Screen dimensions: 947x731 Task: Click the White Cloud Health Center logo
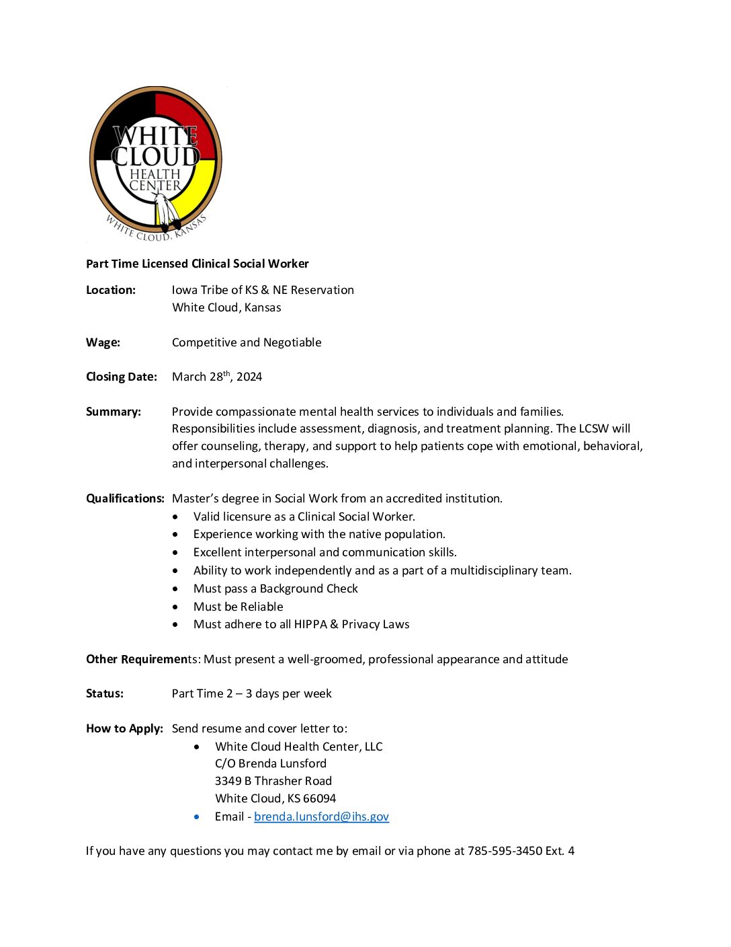click(155, 163)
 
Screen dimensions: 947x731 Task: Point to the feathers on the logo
click(165, 211)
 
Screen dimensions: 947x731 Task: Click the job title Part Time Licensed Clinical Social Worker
click(198, 264)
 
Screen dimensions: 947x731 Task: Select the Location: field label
click(111, 290)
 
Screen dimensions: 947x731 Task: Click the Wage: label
click(103, 342)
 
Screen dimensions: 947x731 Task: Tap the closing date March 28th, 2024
click(217, 377)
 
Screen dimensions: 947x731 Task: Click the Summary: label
click(114, 412)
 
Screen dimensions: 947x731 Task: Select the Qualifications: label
click(125, 498)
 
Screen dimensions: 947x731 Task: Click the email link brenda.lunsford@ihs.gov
click(321, 817)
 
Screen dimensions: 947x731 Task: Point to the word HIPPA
click(310, 624)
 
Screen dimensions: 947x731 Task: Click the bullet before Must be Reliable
click(175, 607)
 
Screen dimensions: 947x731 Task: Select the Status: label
click(105, 693)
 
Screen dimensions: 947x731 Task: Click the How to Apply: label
click(124, 728)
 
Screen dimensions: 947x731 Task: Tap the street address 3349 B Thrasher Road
click(273, 781)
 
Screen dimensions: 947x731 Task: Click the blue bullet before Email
click(197, 817)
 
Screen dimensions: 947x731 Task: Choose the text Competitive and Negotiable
click(247, 342)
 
